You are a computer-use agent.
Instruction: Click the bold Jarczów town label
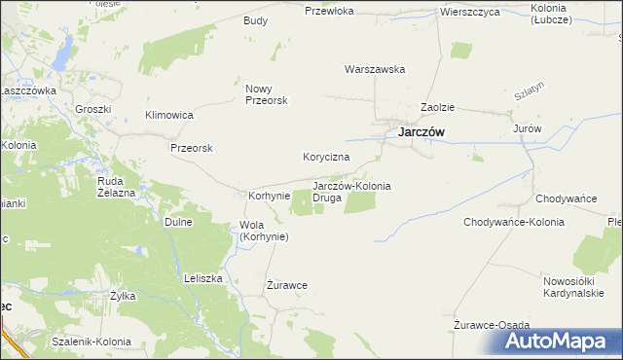coord(421,132)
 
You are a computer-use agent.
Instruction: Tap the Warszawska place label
coord(375,69)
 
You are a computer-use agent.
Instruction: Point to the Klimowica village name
coord(169,115)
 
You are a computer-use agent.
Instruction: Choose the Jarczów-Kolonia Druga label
coord(350,191)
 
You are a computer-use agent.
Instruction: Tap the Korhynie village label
coord(270,196)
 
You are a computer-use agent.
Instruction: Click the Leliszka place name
coord(204,277)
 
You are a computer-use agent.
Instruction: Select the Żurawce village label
coord(287,285)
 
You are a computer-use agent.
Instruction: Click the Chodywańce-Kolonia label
coord(514,222)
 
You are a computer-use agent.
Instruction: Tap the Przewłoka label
coord(327,12)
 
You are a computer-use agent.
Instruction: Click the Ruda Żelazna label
coord(116,186)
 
